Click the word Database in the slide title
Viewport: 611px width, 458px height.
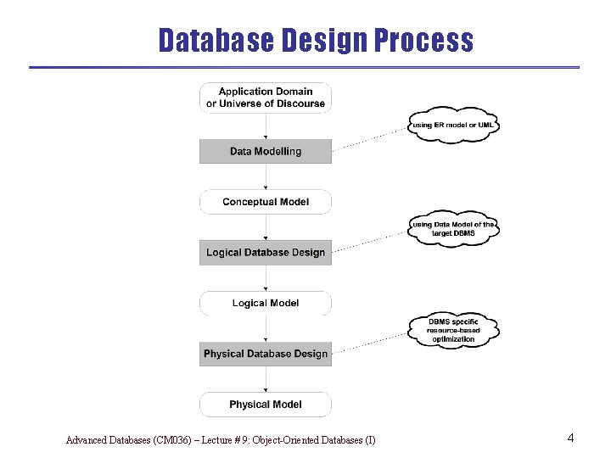coord(213,40)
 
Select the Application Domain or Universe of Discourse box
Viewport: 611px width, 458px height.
coord(266,98)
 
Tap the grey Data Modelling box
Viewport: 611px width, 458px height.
coord(266,151)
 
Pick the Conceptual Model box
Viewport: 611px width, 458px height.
coord(266,202)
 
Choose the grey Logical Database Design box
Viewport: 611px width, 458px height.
coord(266,253)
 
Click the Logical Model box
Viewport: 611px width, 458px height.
coord(266,303)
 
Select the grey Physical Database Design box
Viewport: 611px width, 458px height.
coord(266,354)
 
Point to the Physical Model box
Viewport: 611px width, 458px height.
coord(266,405)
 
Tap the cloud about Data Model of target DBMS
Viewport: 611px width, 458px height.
coord(453,227)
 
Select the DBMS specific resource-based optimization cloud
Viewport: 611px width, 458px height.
coord(453,330)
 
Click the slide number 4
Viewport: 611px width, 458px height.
coord(571,438)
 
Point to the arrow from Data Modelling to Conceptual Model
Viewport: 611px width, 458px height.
coord(266,176)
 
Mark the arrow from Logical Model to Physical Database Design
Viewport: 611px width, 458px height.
coord(266,328)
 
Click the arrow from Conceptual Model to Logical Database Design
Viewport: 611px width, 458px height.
coord(266,227)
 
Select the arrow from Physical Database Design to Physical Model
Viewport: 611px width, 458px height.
coord(266,379)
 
